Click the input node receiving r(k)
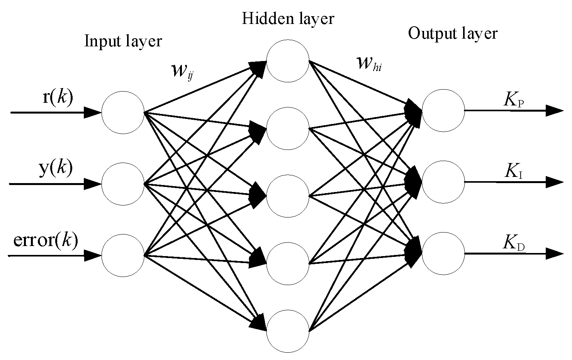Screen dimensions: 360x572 [x=123, y=112]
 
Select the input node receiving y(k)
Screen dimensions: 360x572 [x=123, y=184]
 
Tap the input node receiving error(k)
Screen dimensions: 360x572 [x=123, y=255]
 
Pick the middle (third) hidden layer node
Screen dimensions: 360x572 [x=288, y=195]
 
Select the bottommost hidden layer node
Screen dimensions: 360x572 [x=288, y=331]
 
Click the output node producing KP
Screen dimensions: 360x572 [x=443, y=110]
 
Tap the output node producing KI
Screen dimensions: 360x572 [x=443, y=182]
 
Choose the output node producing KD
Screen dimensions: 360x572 [x=443, y=253]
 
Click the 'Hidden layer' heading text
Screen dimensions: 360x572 [x=288, y=19]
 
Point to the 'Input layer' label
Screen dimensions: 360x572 [x=123, y=41]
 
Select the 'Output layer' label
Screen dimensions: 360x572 [x=453, y=34]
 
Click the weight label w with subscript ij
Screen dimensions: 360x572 [x=182, y=70]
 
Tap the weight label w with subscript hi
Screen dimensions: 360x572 [x=369, y=63]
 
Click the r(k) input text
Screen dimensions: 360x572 [x=57, y=98]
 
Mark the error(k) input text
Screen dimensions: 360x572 [x=46, y=240]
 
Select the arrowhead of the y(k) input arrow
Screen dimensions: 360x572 [x=93, y=184]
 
